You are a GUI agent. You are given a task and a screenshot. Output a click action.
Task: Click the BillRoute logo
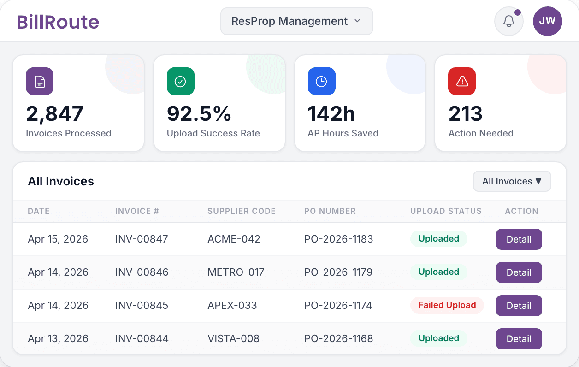click(58, 22)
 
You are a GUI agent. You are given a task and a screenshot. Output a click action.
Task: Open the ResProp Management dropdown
click(296, 21)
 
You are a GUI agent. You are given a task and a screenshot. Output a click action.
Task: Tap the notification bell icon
click(508, 21)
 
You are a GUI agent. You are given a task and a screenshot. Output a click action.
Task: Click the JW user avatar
click(547, 21)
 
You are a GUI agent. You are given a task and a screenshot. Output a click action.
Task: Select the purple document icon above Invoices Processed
click(40, 82)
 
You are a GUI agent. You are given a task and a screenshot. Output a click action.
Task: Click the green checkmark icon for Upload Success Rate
click(180, 82)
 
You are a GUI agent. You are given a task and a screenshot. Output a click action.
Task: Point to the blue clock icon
click(321, 82)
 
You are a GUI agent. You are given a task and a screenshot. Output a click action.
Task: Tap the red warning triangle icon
click(462, 82)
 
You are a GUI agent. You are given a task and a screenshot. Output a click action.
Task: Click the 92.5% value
click(199, 114)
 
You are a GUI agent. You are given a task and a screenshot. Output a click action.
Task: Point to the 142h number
click(331, 114)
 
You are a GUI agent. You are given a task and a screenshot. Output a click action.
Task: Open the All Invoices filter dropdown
click(512, 181)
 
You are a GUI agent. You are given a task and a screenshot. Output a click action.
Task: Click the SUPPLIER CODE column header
click(242, 211)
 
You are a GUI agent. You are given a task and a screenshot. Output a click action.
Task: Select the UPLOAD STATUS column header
click(446, 211)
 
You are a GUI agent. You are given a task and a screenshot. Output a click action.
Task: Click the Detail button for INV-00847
click(519, 239)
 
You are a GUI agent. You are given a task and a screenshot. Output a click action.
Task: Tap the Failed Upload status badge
click(447, 305)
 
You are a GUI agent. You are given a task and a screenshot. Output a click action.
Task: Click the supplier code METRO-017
click(236, 272)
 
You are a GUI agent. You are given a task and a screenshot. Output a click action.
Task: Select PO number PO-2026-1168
click(338, 338)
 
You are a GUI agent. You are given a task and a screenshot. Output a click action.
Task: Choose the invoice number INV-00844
click(142, 338)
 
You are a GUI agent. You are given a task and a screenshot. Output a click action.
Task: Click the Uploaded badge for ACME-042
click(438, 239)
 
